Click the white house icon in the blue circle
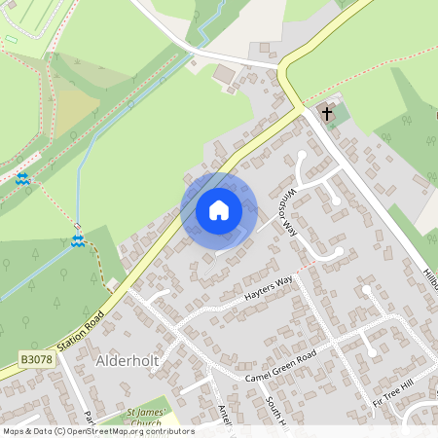click(x=219, y=209)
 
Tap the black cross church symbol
click(x=328, y=114)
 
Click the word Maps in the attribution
click(x=16, y=431)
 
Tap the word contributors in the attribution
click(x=170, y=431)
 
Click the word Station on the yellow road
click(x=70, y=337)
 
